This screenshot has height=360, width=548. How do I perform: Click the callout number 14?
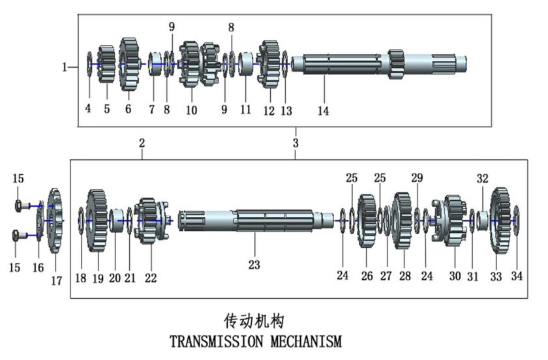[323, 111]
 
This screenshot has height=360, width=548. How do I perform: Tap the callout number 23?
[254, 265]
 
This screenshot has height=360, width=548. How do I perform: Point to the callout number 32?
[483, 177]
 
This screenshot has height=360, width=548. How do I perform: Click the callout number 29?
[417, 177]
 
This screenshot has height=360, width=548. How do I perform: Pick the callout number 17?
[57, 280]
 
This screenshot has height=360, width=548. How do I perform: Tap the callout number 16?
[38, 267]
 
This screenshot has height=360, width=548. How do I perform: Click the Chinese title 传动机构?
[254, 320]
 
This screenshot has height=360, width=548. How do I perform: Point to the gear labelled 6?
[129, 63]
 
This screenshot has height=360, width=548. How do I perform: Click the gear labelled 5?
[106, 64]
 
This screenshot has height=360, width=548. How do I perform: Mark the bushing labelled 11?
[246, 64]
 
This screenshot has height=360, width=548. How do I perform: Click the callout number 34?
[517, 277]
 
